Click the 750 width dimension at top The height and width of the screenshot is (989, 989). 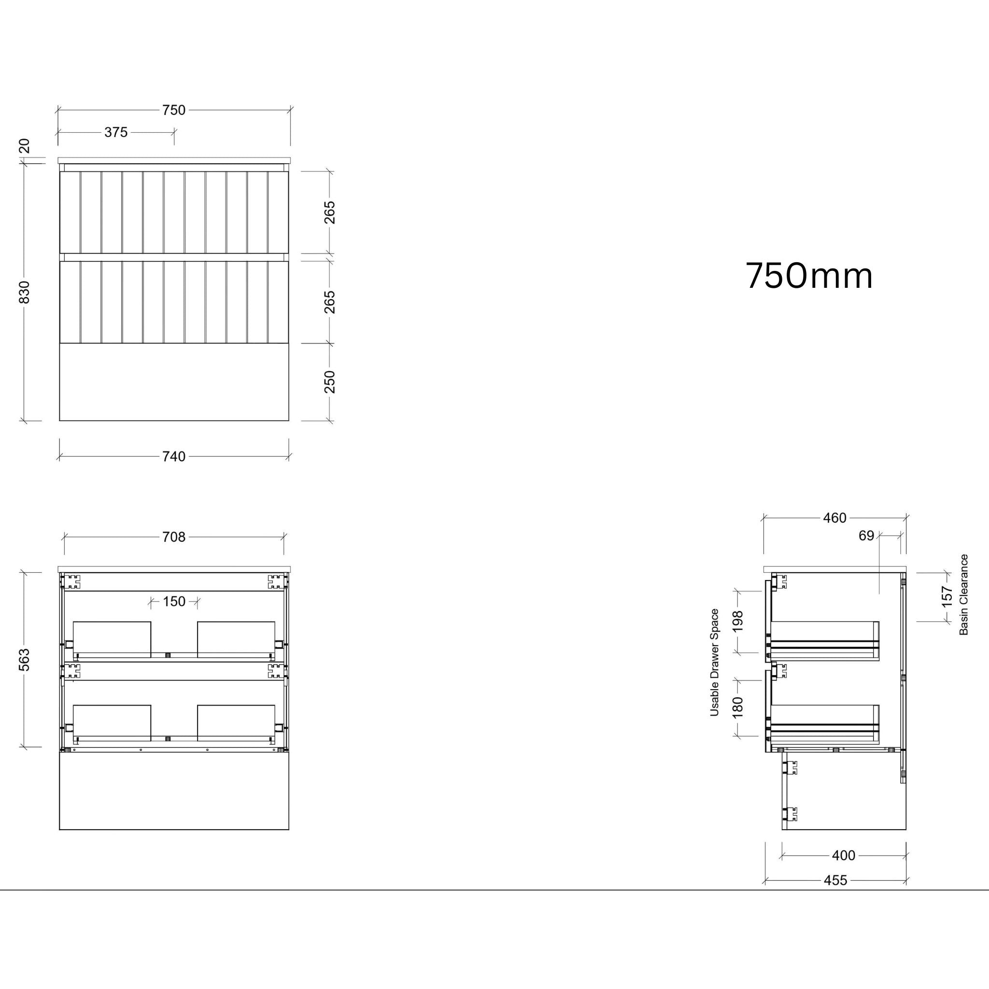pyautogui.click(x=173, y=110)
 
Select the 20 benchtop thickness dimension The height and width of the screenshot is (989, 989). pyautogui.click(x=25, y=146)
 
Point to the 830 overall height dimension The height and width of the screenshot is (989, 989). pyautogui.click(x=25, y=292)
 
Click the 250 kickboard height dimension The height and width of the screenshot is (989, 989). pyautogui.click(x=330, y=381)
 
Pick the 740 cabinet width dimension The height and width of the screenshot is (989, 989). pyautogui.click(x=173, y=457)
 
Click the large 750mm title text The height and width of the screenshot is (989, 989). pyautogui.click(x=809, y=276)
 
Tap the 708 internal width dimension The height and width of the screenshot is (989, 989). pyautogui.click(x=173, y=537)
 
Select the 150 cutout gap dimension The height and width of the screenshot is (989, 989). pyautogui.click(x=174, y=602)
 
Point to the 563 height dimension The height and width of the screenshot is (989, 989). pyautogui.click(x=25, y=659)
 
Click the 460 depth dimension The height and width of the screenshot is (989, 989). pyautogui.click(x=834, y=518)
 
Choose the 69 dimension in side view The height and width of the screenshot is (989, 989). pyautogui.click(x=866, y=536)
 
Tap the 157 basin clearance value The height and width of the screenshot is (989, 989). pyautogui.click(x=947, y=597)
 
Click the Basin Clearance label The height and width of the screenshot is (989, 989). pyautogui.click(x=964, y=595)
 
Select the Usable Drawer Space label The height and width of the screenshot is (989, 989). pyautogui.click(x=714, y=663)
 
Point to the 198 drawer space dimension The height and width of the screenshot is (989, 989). pyautogui.click(x=738, y=622)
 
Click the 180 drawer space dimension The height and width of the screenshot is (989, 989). pyautogui.click(x=738, y=707)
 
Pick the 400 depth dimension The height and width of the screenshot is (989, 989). pyautogui.click(x=843, y=855)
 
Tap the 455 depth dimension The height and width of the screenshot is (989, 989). pyautogui.click(x=835, y=880)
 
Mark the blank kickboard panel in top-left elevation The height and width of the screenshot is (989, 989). pyautogui.click(x=174, y=382)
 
